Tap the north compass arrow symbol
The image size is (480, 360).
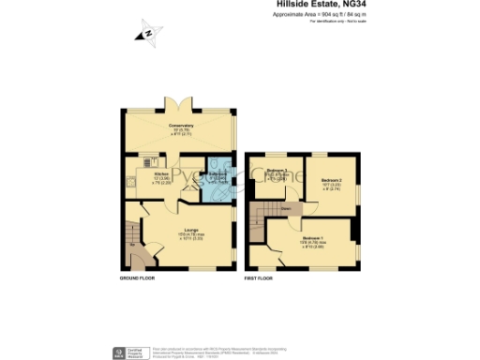pyautogui.click(x=147, y=35)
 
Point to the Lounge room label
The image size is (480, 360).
pyautogui.click(x=183, y=232)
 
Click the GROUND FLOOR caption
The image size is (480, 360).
pyautogui.click(x=140, y=279)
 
